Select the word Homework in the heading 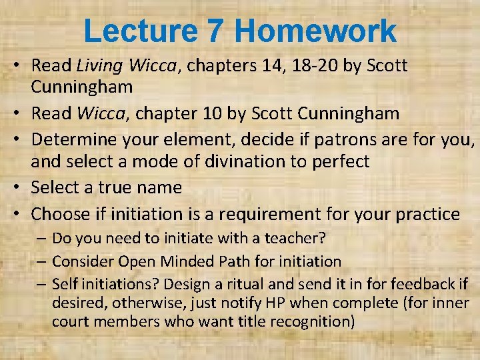(x=315, y=31)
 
